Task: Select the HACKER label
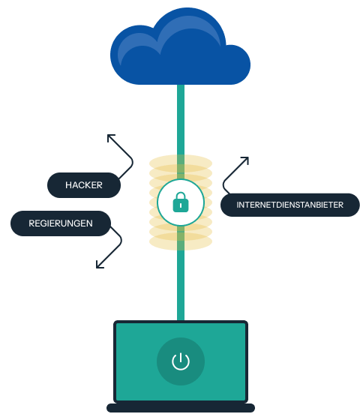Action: (x=83, y=185)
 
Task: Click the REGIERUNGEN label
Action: (x=61, y=223)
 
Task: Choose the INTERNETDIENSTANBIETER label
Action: (x=289, y=205)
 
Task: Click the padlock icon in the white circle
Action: (x=180, y=202)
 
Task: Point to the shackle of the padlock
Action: (x=180, y=197)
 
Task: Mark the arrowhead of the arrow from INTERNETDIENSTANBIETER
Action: (x=245, y=160)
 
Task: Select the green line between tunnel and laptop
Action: (x=180, y=285)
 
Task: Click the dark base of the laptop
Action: (x=180, y=408)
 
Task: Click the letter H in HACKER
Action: (x=68, y=185)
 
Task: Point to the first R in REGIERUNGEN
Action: (x=31, y=223)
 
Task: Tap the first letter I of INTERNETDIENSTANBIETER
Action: (x=238, y=205)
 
